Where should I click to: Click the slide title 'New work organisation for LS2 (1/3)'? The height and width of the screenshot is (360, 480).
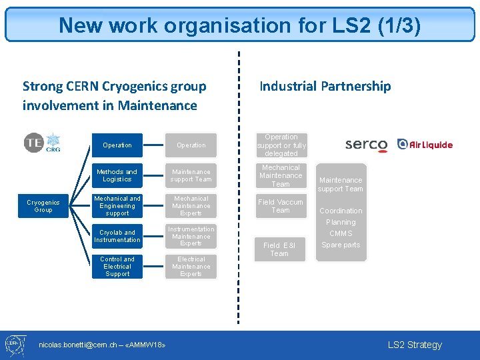click(x=239, y=25)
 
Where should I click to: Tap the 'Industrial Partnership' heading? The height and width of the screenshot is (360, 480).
click(x=325, y=86)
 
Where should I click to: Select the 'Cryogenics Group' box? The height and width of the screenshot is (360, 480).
click(x=43, y=206)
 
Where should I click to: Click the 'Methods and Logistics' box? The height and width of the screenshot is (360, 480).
click(x=117, y=175)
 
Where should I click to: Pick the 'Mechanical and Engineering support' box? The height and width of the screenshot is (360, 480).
click(x=117, y=206)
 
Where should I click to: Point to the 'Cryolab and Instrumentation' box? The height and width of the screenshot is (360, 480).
click(x=117, y=236)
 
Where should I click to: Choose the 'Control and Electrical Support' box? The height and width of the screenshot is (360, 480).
click(x=117, y=266)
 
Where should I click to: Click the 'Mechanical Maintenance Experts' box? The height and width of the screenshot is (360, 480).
click(x=191, y=206)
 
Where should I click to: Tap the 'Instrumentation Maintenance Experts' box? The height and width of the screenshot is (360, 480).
click(x=191, y=236)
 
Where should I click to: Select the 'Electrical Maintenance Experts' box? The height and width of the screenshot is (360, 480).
click(x=191, y=266)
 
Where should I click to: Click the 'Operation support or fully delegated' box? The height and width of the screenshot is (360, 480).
click(x=281, y=145)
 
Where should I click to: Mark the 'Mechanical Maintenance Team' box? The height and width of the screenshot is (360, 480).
click(x=281, y=175)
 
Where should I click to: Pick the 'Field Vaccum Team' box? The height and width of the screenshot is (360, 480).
click(x=281, y=206)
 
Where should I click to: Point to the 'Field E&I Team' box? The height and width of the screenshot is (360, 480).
click(x=279, y=249)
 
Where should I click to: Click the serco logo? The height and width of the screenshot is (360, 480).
click(x=366, y=145)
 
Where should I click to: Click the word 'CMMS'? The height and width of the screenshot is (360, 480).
click(x=341, y=233)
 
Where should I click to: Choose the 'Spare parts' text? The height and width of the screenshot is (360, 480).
click(x=341, y=245)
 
